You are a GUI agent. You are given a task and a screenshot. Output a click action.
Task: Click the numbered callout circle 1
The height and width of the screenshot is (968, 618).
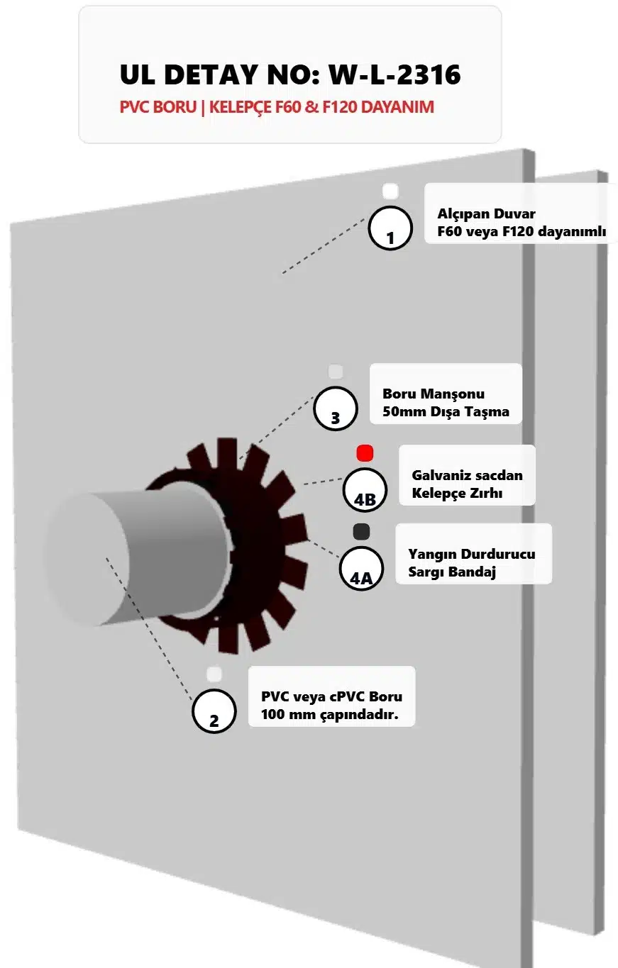click(390, 228)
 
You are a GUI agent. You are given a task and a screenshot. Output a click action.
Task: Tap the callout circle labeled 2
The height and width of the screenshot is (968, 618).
click(214, 711)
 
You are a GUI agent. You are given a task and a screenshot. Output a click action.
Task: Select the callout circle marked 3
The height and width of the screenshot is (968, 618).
click(336, 408)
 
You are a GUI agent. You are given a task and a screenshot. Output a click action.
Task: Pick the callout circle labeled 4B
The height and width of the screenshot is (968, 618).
click(365, 490)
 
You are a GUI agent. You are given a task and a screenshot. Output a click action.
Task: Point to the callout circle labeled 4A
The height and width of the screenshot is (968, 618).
click(360, 569)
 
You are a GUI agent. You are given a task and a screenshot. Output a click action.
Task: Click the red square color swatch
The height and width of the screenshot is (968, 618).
click(365, 453)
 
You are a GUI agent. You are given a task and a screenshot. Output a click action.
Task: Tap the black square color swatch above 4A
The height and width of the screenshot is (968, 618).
click(361, 531)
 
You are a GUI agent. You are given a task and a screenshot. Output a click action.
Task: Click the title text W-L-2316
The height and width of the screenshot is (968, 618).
click(395, 74)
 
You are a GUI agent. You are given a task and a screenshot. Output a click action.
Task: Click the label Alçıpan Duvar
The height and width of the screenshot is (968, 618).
click(486, 213)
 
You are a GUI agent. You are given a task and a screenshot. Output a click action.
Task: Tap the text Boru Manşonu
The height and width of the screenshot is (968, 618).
click(434, 394)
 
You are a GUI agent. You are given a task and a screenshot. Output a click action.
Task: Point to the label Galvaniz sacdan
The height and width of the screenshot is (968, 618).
click(467, 475)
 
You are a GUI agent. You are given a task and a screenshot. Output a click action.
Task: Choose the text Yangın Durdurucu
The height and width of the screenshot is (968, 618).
click(471, 554)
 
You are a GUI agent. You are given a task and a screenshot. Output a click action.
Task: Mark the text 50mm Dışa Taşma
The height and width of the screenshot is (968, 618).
click(446, 411)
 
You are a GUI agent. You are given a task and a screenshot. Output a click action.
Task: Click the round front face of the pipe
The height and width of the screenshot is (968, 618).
click(87, 560)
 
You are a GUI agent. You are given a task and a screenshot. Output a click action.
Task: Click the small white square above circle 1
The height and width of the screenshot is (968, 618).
click(390, 191)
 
